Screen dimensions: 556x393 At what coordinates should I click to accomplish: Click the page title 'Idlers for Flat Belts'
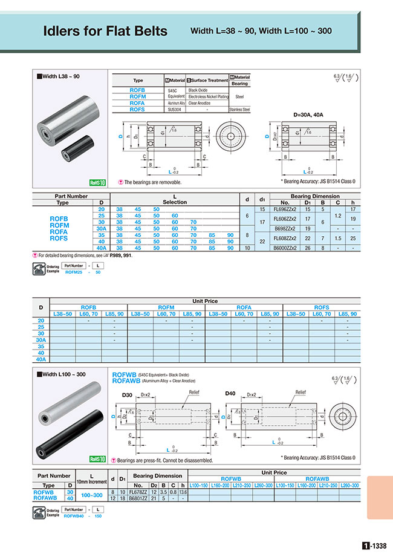pyautogui.click(x=106, y=31)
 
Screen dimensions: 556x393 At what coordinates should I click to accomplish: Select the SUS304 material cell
pyautogui.click(x=176, y=110)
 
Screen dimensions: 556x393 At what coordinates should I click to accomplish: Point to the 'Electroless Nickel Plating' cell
pyautogui.click(x=208, y=96)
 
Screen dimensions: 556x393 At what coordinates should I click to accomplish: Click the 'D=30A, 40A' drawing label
pyautogui.click(x=308, y=114)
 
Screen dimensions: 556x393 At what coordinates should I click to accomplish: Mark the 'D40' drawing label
pyautogui.click(x=230, y=394)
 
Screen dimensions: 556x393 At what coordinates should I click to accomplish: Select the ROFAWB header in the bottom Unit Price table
pyautogui.click(x=317, y=478)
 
